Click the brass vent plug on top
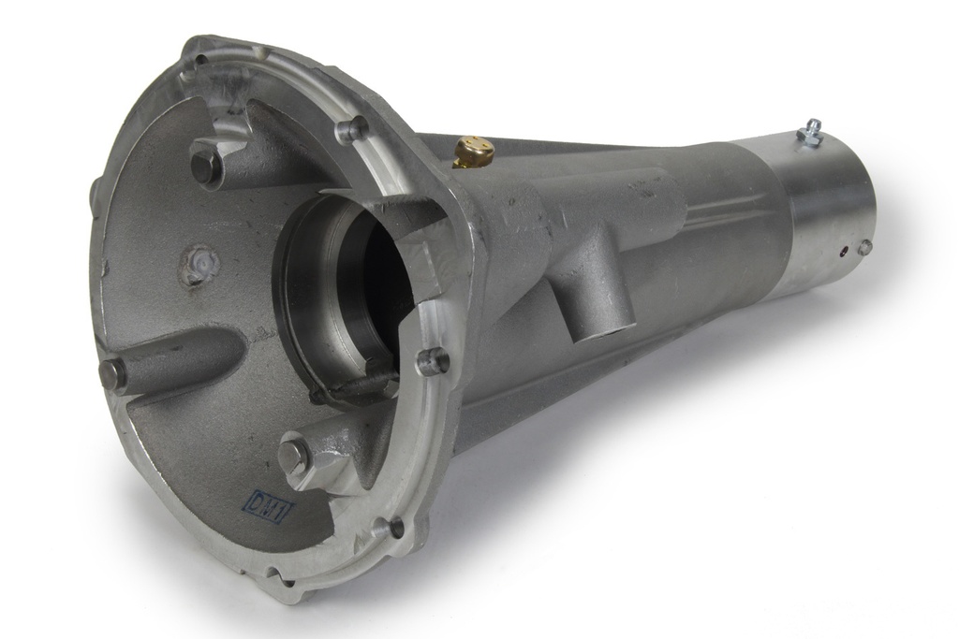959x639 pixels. [474, 149]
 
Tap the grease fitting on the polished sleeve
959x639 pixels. [809, 131]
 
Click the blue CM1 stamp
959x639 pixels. [268, 505]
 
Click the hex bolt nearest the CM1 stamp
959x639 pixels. [294, 456]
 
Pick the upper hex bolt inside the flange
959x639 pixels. [206, 167]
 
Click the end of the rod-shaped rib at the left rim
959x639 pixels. [112, 374]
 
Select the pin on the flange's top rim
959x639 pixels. [352, 129]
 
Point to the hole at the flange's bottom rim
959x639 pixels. [393, 529]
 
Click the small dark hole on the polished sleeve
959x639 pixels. [846, 250]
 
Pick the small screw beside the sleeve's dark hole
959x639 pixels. [864, 247]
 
